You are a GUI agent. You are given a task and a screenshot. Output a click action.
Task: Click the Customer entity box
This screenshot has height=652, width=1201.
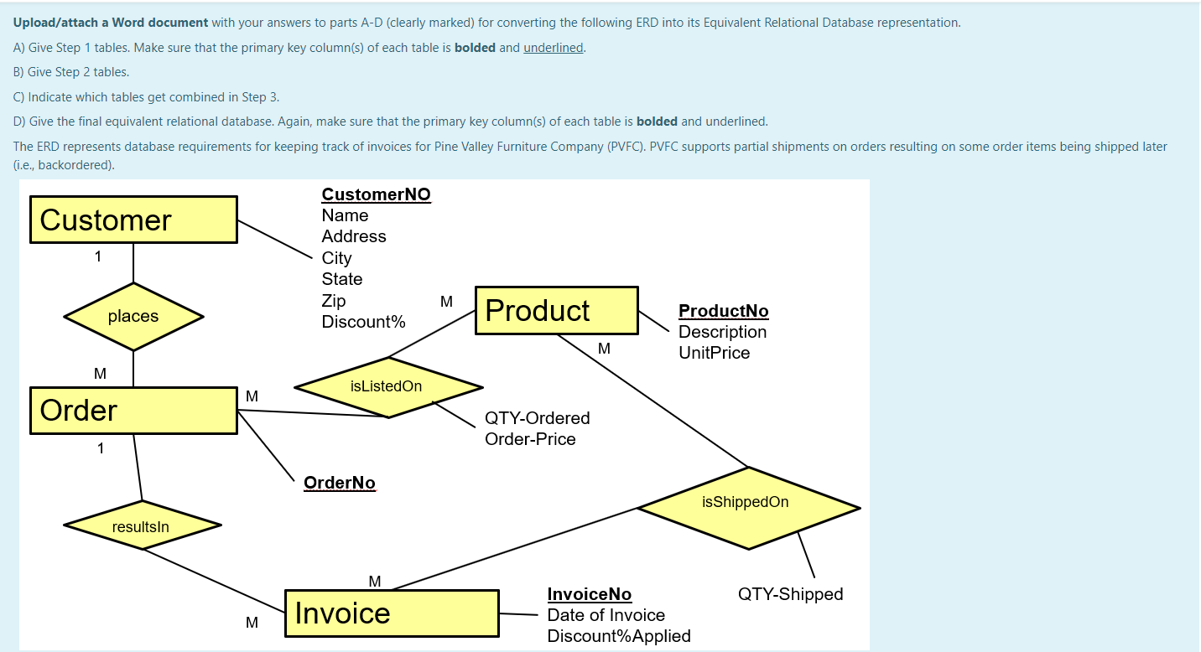click(133, 220)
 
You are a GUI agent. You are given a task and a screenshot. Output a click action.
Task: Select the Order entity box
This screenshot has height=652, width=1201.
click(133, 411)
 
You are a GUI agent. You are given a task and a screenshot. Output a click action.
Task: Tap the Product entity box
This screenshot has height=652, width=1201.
click(556, 311)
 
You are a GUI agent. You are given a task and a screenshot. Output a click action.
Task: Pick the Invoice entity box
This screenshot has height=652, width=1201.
click(392, 613)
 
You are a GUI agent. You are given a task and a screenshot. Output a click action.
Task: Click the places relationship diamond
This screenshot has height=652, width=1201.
click(133, 316)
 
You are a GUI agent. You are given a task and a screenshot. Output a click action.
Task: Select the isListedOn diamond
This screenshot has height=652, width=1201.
click(387, 386)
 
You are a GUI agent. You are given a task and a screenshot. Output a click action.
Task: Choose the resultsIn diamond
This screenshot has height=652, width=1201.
click(142, 526)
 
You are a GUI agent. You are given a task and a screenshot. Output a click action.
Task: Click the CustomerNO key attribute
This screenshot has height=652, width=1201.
click(376, 194)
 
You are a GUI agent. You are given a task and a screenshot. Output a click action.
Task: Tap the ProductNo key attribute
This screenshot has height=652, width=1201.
click(723, 311)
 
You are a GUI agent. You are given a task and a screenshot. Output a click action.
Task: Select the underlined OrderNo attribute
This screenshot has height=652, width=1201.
click(339, 483)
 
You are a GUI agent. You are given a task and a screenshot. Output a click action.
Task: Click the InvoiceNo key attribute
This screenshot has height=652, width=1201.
click(589, 594)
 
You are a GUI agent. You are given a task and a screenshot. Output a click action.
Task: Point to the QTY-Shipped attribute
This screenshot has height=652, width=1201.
click(790, 594)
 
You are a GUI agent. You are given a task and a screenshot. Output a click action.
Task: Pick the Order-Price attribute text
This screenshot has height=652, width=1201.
click(530, 439)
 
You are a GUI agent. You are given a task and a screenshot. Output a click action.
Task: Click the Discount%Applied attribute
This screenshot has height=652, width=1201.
click(618, 636)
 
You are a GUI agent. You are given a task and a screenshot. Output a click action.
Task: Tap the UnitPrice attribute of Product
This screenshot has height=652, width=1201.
click(714, 353)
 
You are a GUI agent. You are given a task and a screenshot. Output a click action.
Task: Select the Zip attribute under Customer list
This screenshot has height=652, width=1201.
click(333, 301)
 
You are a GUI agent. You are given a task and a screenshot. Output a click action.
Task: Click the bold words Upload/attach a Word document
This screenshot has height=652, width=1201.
click(111, 23)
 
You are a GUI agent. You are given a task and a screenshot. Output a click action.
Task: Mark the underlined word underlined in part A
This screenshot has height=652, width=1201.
click(553, 48)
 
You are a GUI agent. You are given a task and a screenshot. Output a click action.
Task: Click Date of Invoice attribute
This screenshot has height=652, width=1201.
click(606, 615)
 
